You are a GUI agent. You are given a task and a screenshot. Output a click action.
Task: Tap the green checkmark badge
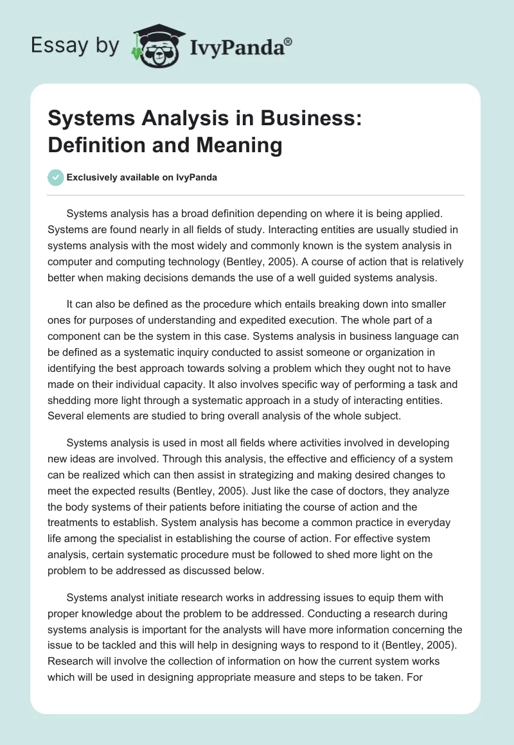coord(56,178)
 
